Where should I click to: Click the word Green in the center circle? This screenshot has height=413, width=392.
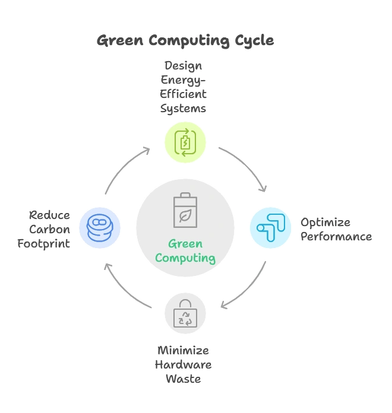pos(185,244)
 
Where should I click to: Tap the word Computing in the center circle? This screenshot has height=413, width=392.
pos(185,258)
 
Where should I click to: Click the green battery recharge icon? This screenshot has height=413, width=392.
pos(185,143)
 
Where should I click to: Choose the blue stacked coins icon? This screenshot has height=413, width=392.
pos(99,227)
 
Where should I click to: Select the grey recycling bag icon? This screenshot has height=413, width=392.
pos(185,313)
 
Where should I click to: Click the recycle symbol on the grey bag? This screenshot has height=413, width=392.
pos(186,319)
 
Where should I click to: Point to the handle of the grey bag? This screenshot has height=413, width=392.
pos(185,303)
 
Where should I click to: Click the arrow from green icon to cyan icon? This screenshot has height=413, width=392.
pos(245,169)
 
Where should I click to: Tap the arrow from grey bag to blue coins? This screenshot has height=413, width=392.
pos(126,287)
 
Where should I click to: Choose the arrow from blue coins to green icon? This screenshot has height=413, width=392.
pos(127,168)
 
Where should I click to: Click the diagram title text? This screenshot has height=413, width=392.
pos(185,40)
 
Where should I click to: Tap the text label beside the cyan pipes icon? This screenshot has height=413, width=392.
pos(336,230)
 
